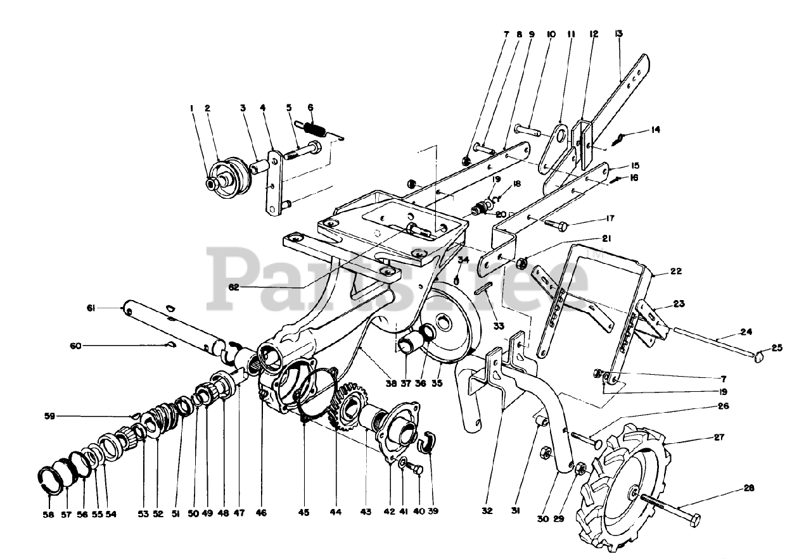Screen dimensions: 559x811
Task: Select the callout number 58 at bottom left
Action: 48,515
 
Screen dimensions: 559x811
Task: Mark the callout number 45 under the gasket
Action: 304,512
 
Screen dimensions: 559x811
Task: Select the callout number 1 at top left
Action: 191,108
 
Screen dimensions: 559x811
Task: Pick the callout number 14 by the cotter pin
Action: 656,130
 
